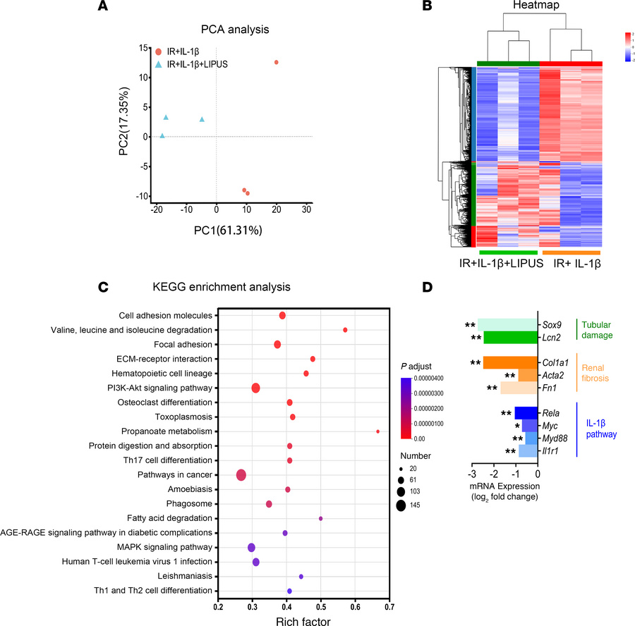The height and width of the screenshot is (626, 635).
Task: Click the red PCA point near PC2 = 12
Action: pyautogui.click(x=277, y=63)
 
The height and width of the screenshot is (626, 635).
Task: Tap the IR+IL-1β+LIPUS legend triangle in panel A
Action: pyautogui.click(x=159, y=63)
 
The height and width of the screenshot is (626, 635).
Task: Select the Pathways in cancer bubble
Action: pyautogui.click(x=241, y=475)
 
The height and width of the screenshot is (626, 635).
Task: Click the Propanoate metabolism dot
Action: pyautogui.click(x=378, y=431)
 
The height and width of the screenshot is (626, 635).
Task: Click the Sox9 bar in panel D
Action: pyautogui.click(x=507, y=325)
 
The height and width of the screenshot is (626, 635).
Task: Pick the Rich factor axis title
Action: pyautogui.click(x=303, y=620)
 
